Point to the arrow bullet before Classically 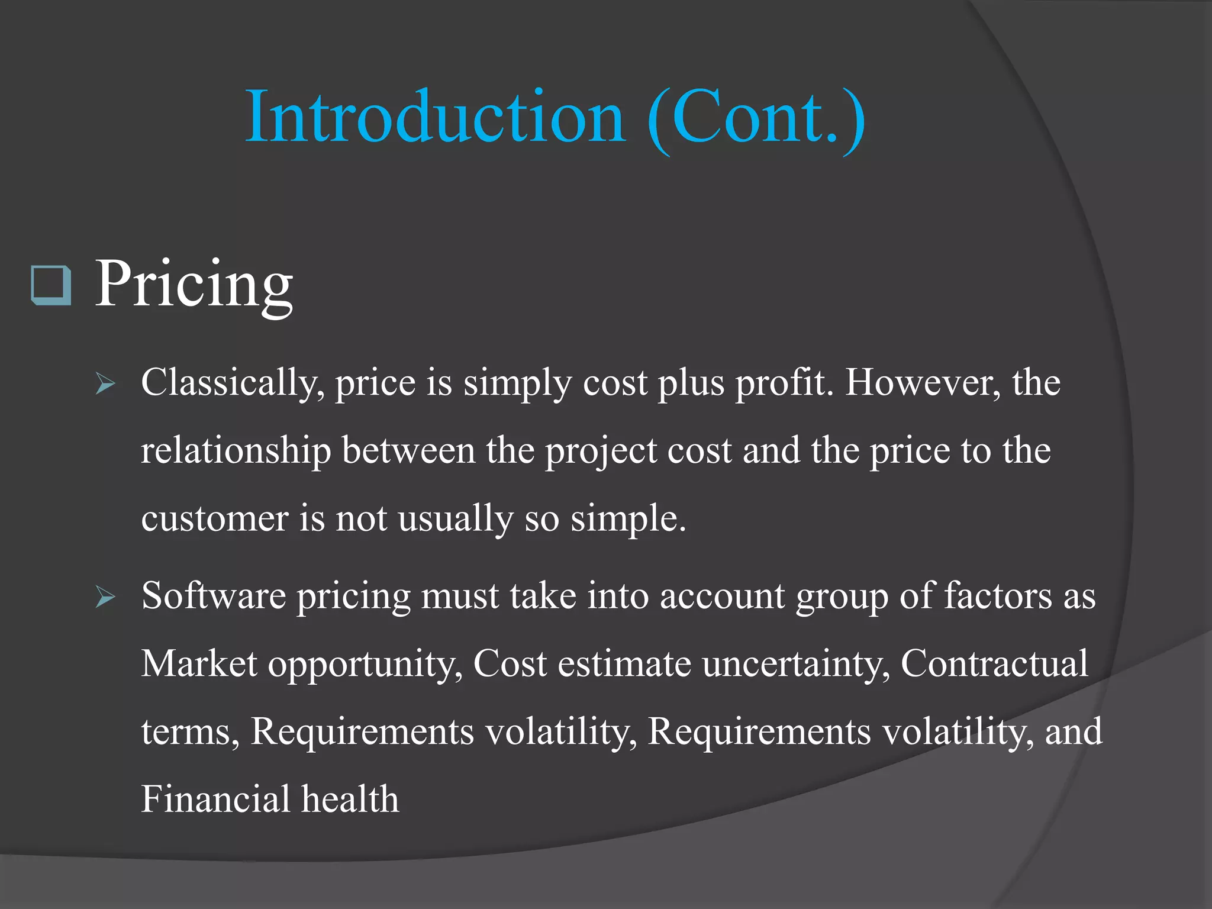pos(105,385)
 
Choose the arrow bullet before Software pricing pos(105,598)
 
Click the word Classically pos(232,383)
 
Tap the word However pos(923,383)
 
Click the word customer pos(214,518)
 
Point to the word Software pos(214,596)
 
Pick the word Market pos(199,663)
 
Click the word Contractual pos(994,663)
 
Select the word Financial pos(215,799)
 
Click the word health pos(350,799)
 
